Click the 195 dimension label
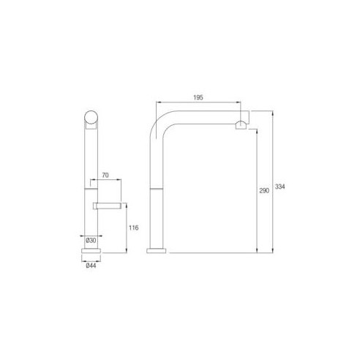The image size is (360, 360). point(198,97)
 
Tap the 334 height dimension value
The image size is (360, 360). point(280,187)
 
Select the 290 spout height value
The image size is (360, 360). point(264,191)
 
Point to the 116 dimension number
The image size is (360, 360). point(134,228)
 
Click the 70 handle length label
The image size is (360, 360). point(105,175)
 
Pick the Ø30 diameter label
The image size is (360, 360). point(91,241)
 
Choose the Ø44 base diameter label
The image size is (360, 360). point(91,266)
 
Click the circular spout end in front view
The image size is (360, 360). point(91,117)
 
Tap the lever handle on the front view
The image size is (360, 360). point(107,206)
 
